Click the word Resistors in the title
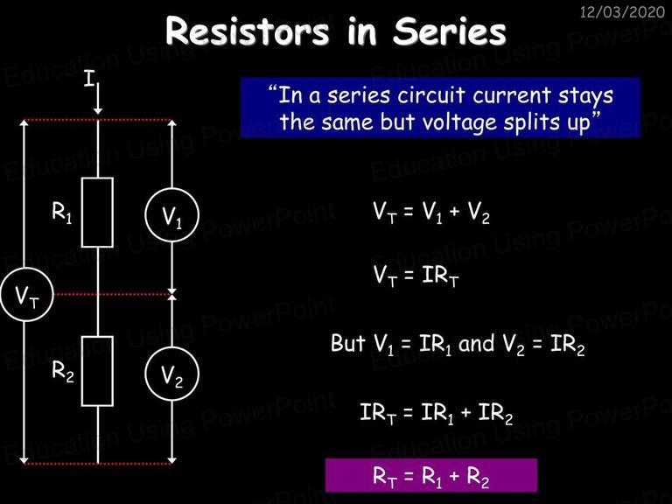(248, 31)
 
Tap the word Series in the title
(450, 31)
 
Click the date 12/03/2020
(622, 11)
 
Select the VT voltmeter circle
(27, 269)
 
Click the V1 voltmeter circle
(171, 189)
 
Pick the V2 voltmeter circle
(171, 347)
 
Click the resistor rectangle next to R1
(82, 213)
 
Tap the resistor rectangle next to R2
(82, 371)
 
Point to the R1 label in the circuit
(62, 212)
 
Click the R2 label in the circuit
(63, 371)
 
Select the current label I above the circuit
(88, 79)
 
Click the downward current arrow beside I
(98, 99)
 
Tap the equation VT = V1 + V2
(431, 212)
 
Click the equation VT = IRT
(416, 276)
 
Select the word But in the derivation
(348, 343)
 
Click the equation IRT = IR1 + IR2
(437, 413)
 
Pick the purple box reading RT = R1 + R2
(431, 475)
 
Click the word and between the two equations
(476, 343)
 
